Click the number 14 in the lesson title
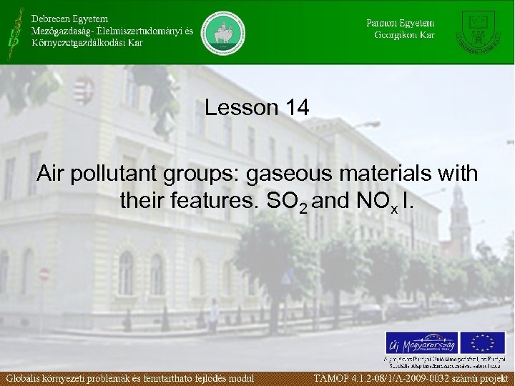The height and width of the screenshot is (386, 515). click(296, 109)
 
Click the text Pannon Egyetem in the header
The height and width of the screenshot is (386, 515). click(401, 22)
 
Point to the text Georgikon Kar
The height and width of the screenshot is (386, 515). click(404, 34)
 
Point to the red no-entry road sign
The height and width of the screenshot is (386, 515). click(44, 274)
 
